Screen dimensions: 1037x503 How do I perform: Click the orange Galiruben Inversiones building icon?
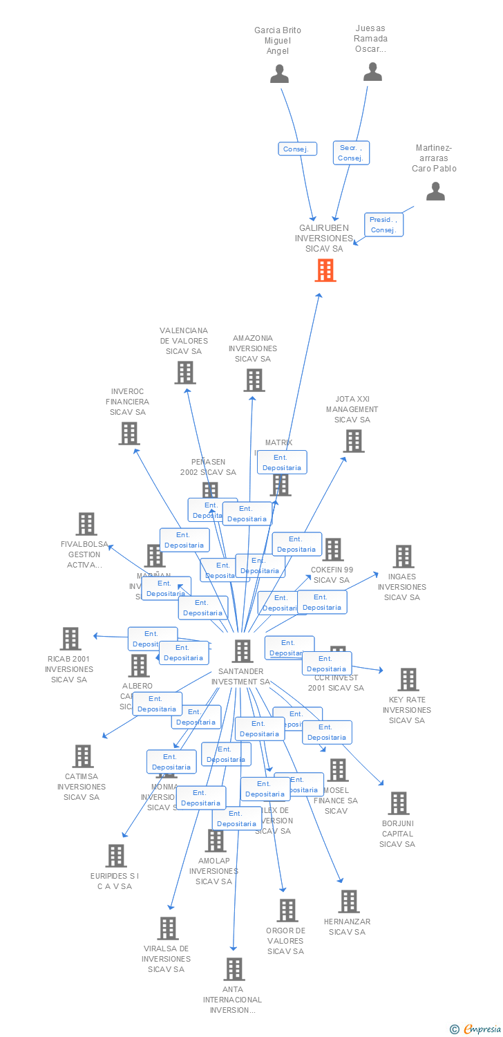(325, 270)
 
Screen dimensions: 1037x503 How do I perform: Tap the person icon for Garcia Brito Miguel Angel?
(279, 73)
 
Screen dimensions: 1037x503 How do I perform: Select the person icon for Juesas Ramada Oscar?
(372, 71)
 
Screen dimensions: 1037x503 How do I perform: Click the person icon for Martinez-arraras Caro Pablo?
(435, 191)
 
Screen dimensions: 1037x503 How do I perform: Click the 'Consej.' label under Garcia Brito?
(298, 149)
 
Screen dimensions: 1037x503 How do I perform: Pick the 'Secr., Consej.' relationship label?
(351, 153)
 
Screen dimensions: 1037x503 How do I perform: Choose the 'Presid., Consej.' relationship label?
(383, 225)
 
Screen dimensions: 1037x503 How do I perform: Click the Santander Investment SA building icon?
(243, 651)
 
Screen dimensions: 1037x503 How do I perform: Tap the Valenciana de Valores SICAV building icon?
(184, 373)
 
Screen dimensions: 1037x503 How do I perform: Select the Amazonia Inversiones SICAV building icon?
(254, 380)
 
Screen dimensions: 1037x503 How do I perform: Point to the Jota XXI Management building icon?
(353, 441)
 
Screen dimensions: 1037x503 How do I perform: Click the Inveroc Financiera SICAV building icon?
(129, 433)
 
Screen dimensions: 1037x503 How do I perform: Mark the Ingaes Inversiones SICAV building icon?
(403, 557)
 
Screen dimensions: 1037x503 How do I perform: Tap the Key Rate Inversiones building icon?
(408, 680)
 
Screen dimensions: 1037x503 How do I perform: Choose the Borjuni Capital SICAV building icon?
(398, 803)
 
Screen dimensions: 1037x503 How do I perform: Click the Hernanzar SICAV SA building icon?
(349, 901)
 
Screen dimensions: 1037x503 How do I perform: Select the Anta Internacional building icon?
(234, 969)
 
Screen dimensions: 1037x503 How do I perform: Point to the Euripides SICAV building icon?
(116, 856)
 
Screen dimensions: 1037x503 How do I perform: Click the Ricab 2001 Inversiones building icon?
(70, 639)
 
